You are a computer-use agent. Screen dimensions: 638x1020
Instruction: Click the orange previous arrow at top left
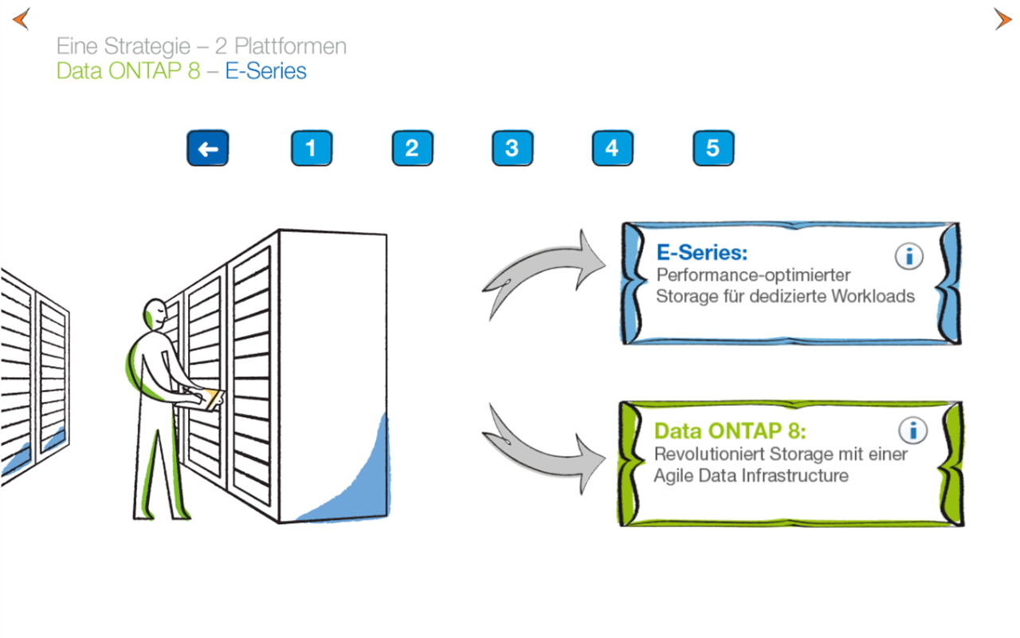[x=21, y=19]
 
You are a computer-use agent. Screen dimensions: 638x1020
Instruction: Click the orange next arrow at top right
[x=1002, y=19]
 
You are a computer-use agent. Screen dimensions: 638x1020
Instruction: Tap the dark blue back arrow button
[x=207, y=149]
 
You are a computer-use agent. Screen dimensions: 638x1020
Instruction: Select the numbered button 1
[x=311, y=149]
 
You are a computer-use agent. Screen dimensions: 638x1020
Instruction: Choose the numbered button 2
[x=412, y=149]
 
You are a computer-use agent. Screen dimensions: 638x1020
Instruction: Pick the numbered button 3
[x=512, y=149]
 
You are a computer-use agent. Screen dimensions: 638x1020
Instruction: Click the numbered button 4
[x=612, y=149]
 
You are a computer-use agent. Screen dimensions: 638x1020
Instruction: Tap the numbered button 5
[x=713, y=149]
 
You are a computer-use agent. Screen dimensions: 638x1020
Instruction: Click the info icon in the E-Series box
[x=909, y=257]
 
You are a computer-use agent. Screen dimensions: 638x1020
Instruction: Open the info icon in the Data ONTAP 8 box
[x=912, y=431]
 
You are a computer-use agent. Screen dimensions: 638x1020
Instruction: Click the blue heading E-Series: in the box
[x=702, y=254]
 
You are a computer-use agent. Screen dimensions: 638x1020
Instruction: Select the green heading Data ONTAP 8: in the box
[x=730, y=431]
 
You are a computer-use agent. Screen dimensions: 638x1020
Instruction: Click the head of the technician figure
[x=156, y=314]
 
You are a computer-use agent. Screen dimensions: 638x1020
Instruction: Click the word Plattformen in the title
[x=290, y=46]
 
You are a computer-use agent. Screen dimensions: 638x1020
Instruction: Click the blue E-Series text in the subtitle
[x=265, y=72]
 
